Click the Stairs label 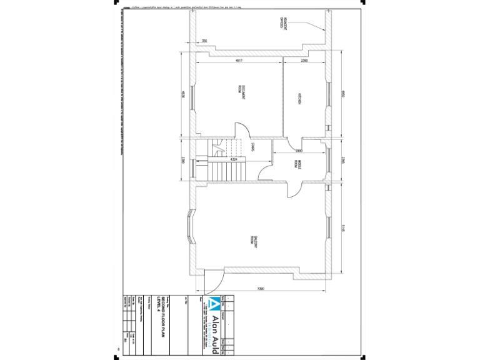tap(252, 148)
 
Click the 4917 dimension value tap(239, 61)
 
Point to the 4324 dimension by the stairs tap(233, 161)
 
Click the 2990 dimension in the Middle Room tap(299, 151)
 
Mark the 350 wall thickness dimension tap(204, 41)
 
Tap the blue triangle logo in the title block tap(214, 306)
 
